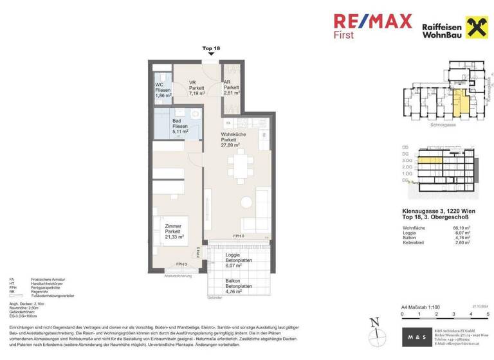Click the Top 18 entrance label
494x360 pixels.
click(211, 48)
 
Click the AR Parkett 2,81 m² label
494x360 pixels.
click(232, 87)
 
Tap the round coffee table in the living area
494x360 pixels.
click(246, 203)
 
